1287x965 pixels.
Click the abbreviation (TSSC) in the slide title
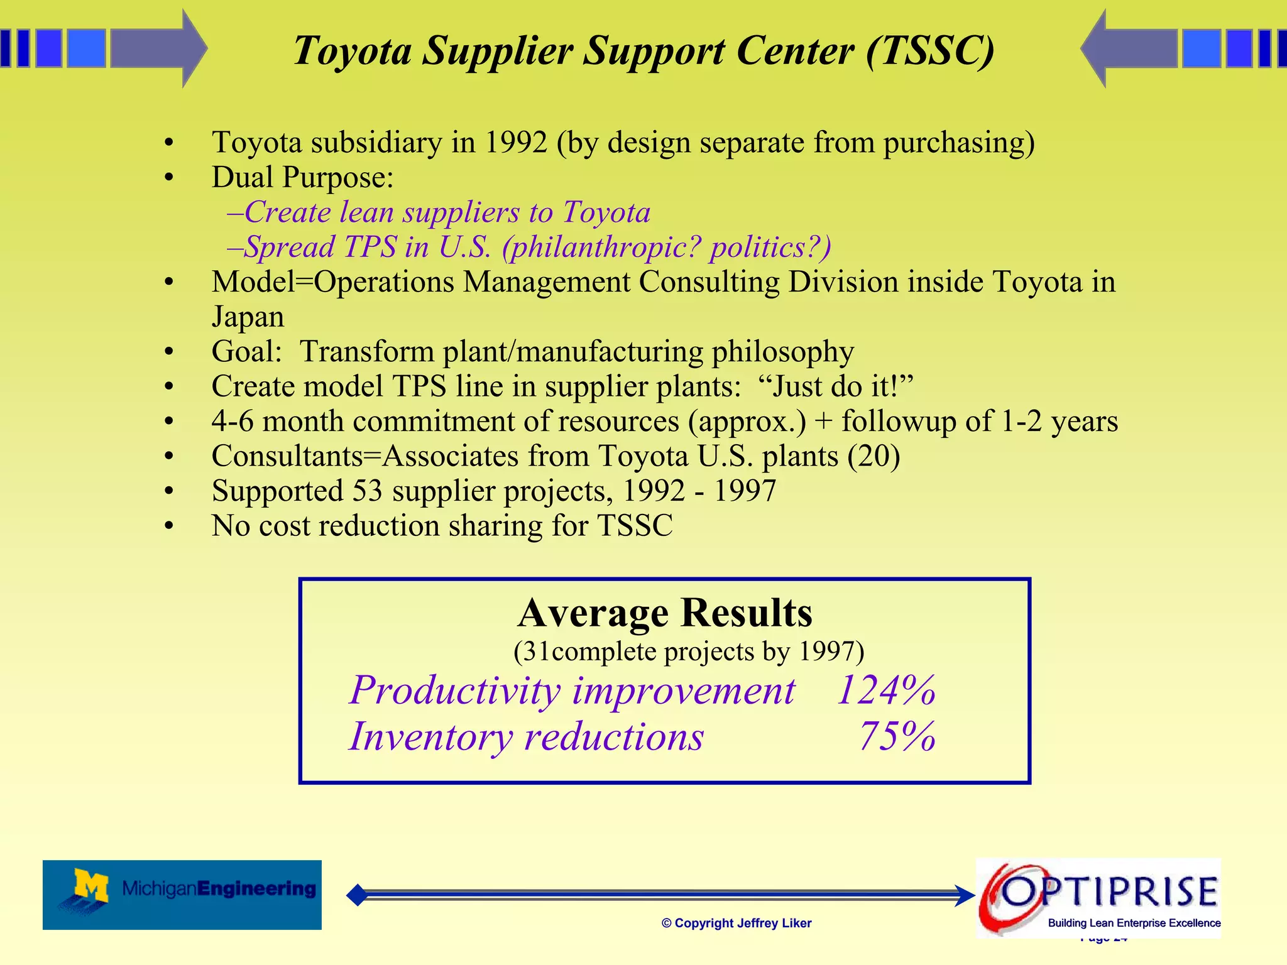pyautogui.click(x=929, y=50)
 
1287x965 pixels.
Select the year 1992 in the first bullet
pyautogui.click(x=516, y=143)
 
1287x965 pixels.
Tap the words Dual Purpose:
pyautogui.click(x=302, y=177)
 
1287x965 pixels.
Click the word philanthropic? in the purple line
pyautogui.click(x=601, y=247)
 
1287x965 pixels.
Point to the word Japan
pyautogui.click(x=248, y=317)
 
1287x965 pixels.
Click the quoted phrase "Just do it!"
pyautogui.click(x=835, y=386)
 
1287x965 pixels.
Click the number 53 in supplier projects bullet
pyautogui.click(x=367, y=491)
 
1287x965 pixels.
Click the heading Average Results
pyautogui.click(x=665, y=613)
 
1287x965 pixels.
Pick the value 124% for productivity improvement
pyautogui.click(x=885, y=690)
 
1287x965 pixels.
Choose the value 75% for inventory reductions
pyautogui.click(x=897, y=736)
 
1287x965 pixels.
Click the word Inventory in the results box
pyautogui.click(x=430, y=736)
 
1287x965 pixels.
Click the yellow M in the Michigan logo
pyautogui.click(x=91, y=886)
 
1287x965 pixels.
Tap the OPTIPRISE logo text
pyautogui.click(x=1109, y=891)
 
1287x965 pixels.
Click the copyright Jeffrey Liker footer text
pyautogui.click(x=737, y=923)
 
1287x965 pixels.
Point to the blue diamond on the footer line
pyautogui.click(x=357, y=895)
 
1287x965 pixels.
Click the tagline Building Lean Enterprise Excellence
pyautogui.click(x=1134, y=923)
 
